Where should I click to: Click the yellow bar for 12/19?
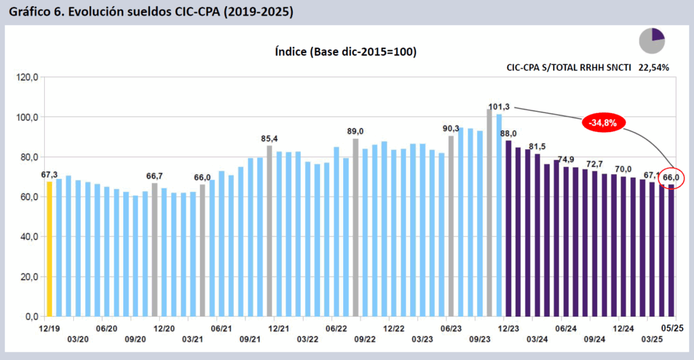click(x=49, y=249)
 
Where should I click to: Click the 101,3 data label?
click(x=499, y=106)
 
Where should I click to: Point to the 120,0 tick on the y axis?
click(x=27, y=77)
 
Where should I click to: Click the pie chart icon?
click(x=652, y=40)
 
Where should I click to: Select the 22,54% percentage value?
click(x=654, y=68)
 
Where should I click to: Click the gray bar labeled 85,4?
click(x=269, y=231)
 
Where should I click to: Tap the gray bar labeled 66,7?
click(x=155, y=249)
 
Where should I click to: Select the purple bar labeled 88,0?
click(x=508, y=228)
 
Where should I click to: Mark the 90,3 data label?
click(x=451, y=128)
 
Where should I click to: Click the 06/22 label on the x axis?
click(x=336, y=327)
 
